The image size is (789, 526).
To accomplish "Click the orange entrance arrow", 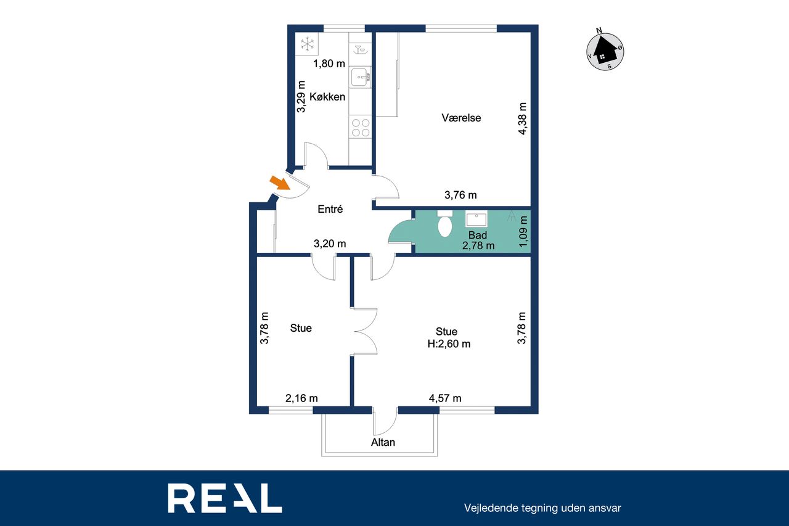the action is [280, 183].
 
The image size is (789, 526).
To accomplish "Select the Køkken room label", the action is [327, 97].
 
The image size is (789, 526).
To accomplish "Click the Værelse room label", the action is [461, 118].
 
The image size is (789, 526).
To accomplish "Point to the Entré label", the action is [330, 209].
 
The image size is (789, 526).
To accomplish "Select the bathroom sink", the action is [476, 219].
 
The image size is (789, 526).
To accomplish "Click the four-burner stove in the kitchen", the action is [361, 128].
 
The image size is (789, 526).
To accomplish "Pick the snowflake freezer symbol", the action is [307, 44].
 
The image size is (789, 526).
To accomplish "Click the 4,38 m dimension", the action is [522, 119].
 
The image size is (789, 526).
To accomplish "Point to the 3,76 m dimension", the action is [460, 195].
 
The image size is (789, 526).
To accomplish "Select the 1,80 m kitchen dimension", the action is [329, 64].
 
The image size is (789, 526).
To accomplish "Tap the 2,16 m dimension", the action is [301, 398].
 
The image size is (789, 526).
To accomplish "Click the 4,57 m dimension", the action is [445, 398].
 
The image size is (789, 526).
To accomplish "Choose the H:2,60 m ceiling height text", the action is [449, 344].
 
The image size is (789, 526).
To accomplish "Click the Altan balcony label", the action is [383, 443].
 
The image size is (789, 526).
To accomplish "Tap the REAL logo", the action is [225, 498].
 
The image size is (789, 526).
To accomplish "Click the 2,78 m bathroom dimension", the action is [478, 245].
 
